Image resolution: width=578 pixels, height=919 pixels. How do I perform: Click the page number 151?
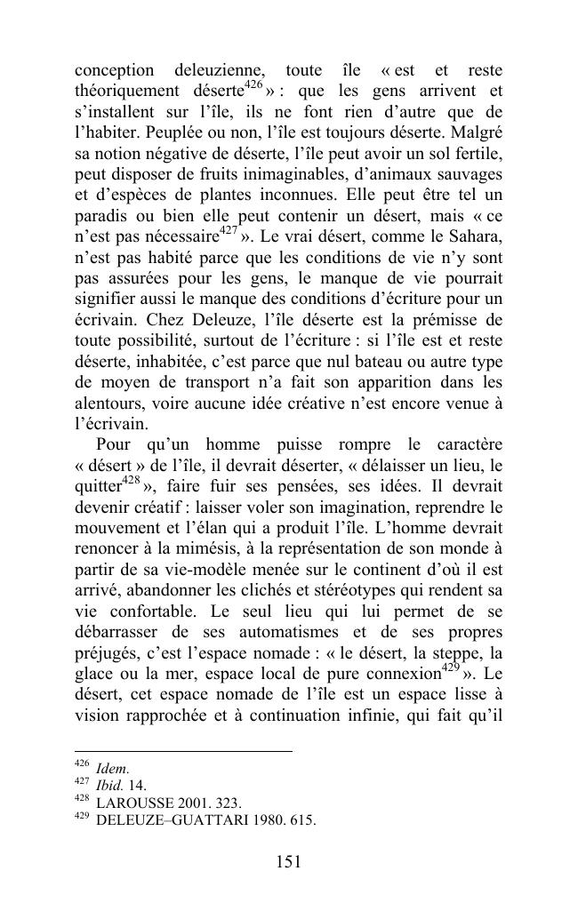click(288, 861)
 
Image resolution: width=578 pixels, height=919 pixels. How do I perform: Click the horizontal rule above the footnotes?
click(183, 752)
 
